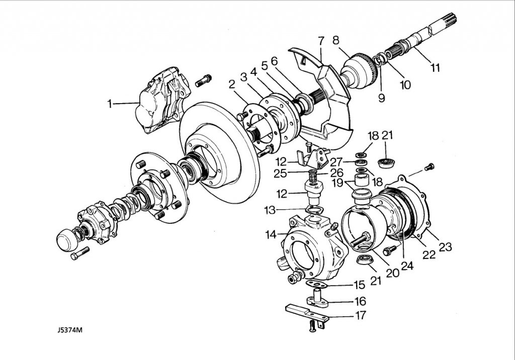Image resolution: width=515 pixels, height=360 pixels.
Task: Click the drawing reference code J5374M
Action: coord(69,330)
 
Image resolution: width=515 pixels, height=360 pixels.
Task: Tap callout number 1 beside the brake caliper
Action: coord(109,104)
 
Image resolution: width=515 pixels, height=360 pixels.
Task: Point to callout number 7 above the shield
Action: coord(321,41)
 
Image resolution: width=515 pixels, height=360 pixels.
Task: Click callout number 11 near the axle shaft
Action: coord(435,68)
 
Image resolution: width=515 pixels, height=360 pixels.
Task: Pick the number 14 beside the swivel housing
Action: coord(271,235)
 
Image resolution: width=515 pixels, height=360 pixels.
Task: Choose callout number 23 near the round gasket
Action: coord(446,247)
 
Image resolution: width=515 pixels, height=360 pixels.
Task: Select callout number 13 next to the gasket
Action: coord(270,210)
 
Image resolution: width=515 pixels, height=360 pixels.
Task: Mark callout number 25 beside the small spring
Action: coord(280,173)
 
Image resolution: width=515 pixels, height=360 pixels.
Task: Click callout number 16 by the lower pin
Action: coord(360,301)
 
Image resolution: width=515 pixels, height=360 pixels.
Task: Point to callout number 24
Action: coord(407,266)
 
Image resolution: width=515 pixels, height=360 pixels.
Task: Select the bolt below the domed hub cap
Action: coord(80,253)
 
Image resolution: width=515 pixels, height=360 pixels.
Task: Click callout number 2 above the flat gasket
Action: coord(232,85)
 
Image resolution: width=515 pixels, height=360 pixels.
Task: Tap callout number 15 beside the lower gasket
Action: coord(359,285)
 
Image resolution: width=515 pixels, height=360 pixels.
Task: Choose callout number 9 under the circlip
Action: coord(381,98)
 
